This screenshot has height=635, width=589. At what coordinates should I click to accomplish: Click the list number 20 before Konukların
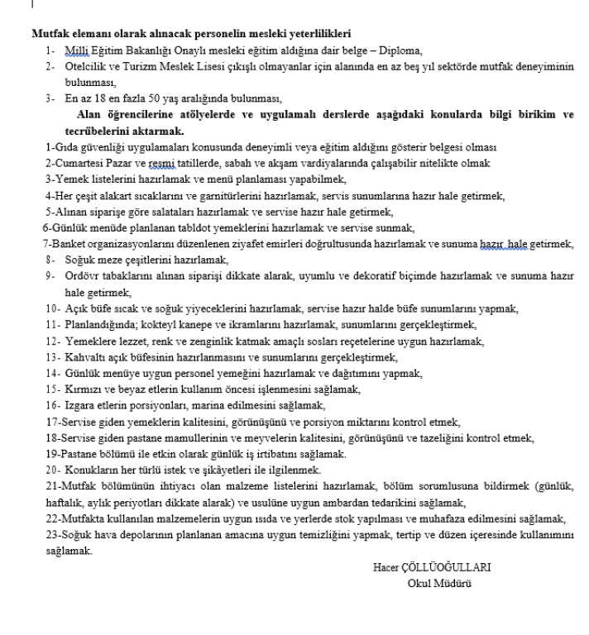point(51,470)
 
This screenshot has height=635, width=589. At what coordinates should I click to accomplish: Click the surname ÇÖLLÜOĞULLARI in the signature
point(450,567)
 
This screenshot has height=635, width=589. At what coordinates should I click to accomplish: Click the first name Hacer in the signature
point(388,567)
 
